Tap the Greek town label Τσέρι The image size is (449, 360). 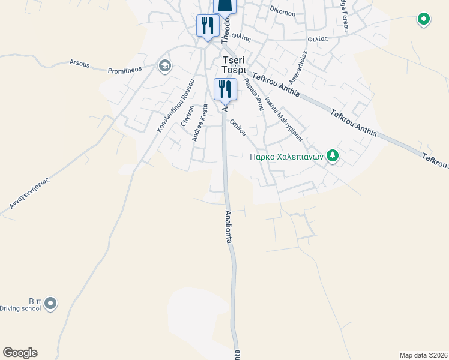point(232,70)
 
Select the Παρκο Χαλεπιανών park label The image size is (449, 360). point(287,157)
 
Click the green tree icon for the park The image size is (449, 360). point(333,157)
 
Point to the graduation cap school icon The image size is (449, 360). point(164,66)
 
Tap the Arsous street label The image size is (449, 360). point(80,62)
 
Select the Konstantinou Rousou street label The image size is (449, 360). point(176,106)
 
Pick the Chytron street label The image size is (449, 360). point(188,116)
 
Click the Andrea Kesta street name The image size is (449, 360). point(200,123)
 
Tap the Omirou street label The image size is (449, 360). point(238,127)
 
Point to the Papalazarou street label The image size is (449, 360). point(253,94)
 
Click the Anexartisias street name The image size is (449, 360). point(298,67)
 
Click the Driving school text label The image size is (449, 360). point(20,308)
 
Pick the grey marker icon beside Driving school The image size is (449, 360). point(50,304)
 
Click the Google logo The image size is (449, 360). point(20,353)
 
